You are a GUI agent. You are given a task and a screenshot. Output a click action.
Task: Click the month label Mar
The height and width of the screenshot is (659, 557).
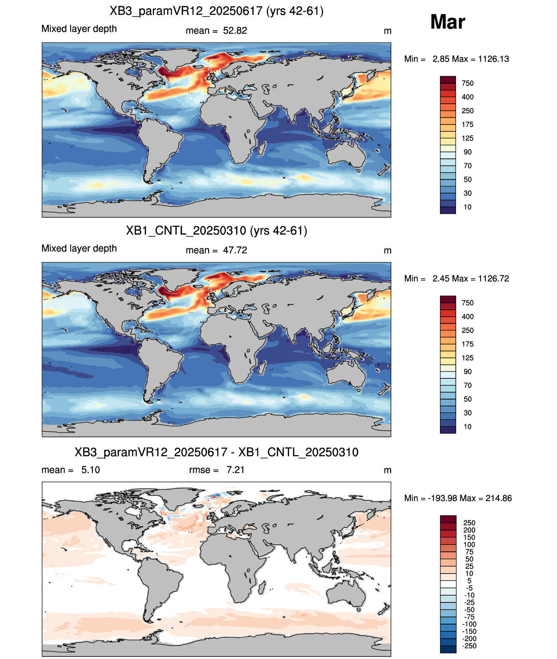click(x=447, y=22)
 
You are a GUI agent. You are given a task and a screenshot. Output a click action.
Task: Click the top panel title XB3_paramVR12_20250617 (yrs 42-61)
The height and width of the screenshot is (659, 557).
click(x=217, y=11)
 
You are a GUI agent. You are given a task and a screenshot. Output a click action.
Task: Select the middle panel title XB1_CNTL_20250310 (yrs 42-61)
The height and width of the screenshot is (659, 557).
click(x=217, y=230)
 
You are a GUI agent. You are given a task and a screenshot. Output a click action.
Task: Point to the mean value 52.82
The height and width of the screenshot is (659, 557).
click(x=235, y=31)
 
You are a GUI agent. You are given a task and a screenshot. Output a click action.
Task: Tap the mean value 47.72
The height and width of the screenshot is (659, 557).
click(x=235, y=250)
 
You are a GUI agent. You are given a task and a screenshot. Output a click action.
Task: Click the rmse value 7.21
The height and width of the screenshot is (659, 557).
click(x=235, y=470)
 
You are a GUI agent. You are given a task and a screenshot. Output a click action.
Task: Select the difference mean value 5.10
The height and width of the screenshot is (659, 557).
click(x=91, y=470)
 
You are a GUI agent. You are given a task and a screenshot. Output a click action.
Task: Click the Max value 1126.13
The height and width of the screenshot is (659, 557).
click(x=493, y=59)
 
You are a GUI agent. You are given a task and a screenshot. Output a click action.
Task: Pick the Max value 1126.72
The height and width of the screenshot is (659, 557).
click(x=493, y=279)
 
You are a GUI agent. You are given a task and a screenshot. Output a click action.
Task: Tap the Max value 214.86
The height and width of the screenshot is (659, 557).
click(x=498, y=498)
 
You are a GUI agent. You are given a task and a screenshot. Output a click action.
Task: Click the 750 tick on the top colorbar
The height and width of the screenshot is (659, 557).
click(x=468, y=83)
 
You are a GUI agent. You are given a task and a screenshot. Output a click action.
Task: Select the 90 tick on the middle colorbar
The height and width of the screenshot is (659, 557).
click(x=468, y=372)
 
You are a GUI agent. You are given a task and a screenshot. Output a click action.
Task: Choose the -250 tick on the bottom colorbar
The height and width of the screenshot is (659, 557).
click(x=469, y=646)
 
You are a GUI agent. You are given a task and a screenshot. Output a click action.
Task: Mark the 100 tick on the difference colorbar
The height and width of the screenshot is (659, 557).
click(x=469, y=544)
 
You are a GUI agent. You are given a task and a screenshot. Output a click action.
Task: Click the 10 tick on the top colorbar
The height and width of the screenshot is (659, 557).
click(x=467, y=207)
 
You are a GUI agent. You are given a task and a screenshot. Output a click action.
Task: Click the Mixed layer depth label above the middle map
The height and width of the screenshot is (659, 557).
click(x=79, y=249)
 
